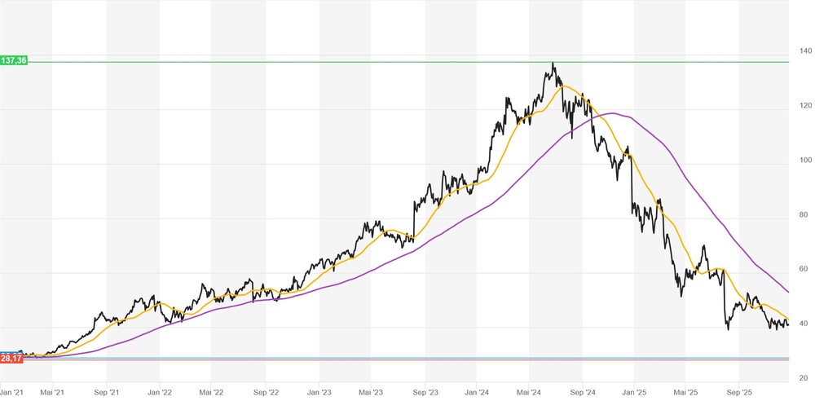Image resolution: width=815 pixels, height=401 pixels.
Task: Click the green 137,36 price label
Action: (x=14, y=61)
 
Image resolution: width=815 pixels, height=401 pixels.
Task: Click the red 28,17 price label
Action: (x=11, y=358)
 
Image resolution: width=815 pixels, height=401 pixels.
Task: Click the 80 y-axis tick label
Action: (x=804, y=215)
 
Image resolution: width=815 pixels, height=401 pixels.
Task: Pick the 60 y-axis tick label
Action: (x=804, y=269)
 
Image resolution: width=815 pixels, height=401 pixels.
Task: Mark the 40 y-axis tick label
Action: (x=804, y=324)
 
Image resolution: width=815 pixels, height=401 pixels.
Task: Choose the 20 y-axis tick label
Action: (x=804, y=378)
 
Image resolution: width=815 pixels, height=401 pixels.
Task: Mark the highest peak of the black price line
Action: (x=553, y=63)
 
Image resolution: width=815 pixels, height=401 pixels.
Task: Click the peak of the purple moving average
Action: (x=611, y=113)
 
